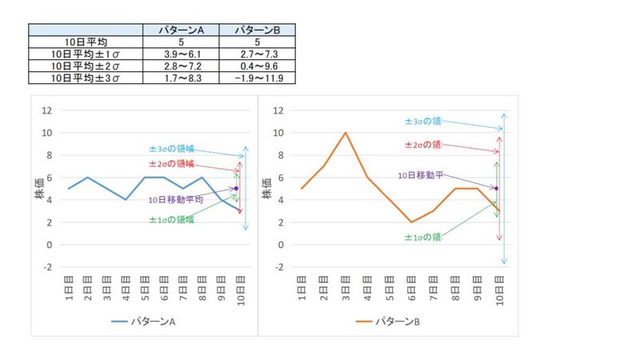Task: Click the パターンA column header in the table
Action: point(182,30)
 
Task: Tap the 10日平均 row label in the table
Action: point(86,42)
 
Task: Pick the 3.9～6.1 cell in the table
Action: point(182,54)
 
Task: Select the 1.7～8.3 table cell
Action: point(182,78)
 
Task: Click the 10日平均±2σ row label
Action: point(86,66)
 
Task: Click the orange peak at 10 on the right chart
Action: point(346,133)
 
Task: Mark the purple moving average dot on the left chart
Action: point(236,189)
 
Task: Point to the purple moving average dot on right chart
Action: point(497,189)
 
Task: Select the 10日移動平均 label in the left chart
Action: point(176,200)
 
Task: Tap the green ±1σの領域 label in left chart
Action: point(172,220)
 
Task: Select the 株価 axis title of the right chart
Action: point(265,188)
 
